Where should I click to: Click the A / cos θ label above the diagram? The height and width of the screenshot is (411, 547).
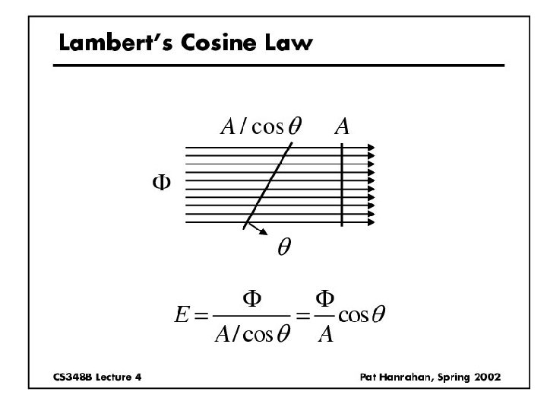click(260, 126)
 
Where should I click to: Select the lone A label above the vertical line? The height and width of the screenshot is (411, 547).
click(343, 126)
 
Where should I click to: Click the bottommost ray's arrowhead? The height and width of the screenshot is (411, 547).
click(372, 223)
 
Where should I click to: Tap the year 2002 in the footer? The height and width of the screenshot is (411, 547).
click(485, 378)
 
